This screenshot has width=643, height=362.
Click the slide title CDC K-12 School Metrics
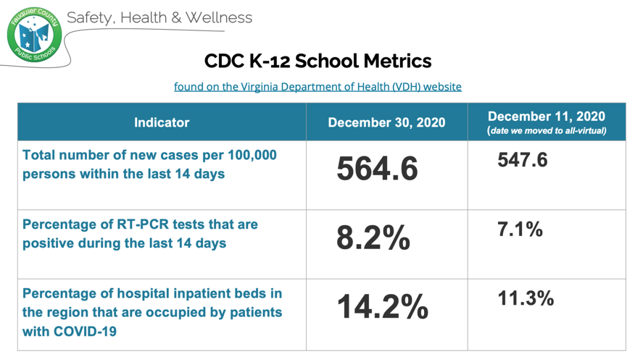click(318, 61)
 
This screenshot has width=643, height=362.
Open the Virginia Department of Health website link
click(318, 86)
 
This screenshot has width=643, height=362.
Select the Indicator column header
click(162, 122)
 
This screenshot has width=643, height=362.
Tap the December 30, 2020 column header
click(386, 122)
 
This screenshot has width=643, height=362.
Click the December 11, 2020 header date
click(546, 117)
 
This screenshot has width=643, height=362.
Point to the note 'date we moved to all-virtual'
click(546, 131)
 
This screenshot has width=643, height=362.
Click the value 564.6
click(377, 169)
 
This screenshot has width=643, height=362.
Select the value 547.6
click(522, 160)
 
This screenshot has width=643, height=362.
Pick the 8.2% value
click(373, 238)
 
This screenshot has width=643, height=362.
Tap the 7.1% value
click(520, 230)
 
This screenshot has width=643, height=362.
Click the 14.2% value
click(382, 308)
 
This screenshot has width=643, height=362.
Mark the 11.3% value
click(526, 298)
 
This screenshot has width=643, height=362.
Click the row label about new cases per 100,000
click(149, 164)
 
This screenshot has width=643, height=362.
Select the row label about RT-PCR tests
click(140, 234)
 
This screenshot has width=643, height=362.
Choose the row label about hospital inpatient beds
click(152, 313)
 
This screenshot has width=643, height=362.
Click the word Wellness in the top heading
click(218, 17)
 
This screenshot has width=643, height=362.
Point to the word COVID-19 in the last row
click(87, 332)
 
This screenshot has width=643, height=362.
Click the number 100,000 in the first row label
click(241, 156)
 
